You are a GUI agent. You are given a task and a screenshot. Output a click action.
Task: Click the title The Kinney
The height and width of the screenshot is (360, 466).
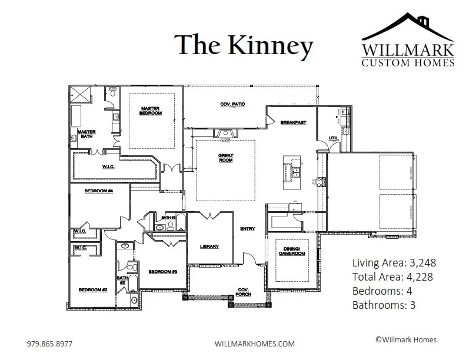point(244,45)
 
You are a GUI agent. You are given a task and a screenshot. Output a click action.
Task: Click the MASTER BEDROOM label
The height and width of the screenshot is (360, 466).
point(151,111)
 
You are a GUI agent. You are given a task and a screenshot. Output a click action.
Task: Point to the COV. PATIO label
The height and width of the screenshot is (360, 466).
point(232,104)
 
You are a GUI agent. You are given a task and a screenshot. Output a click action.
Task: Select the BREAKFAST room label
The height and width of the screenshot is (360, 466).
point(292,122)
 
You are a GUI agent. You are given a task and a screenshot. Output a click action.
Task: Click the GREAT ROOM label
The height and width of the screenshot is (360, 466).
point(226,159)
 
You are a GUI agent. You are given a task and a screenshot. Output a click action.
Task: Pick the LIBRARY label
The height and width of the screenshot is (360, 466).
point(209,246)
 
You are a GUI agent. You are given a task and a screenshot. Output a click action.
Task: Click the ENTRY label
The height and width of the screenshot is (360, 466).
point(247,229)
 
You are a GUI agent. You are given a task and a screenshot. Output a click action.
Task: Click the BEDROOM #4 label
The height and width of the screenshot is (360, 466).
point(98,191)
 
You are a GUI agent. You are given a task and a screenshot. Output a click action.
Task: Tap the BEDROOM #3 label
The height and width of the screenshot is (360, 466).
point(163,271)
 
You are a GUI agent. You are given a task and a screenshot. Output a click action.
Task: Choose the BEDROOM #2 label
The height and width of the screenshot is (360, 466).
point(93,290)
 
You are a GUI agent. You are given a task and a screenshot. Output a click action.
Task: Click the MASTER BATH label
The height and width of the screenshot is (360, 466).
point(86,134)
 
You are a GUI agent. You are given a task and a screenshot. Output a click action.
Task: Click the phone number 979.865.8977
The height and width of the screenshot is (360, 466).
point(50,343)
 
